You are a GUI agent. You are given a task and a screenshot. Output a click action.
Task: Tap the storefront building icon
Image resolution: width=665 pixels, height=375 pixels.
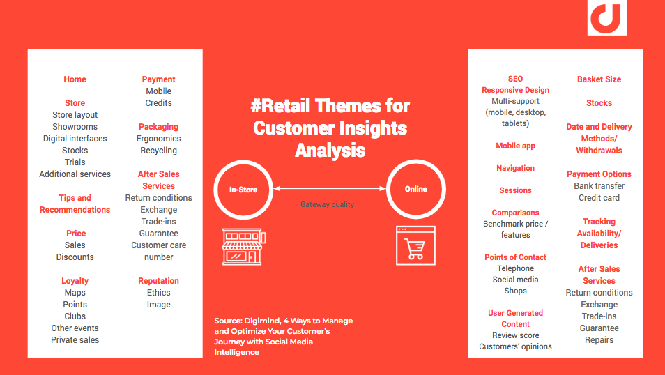pos(244,247)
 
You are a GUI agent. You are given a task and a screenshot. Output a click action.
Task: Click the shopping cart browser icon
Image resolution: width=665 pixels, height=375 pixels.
pos(415,245)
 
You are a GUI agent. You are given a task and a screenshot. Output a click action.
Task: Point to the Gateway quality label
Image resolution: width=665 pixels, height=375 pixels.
pos(327,204)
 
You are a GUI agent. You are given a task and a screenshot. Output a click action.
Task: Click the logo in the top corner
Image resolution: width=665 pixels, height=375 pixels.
pos(607,17)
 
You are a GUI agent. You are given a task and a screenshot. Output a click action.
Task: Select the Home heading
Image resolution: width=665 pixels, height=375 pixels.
pos(75,79)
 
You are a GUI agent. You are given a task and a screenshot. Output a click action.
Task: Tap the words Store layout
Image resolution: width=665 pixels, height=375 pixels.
pos(75,115)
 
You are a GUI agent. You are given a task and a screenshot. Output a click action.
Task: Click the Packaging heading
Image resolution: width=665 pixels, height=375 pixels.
pos(159,127)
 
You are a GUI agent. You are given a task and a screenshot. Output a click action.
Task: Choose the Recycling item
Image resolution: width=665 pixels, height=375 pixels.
pos(159,151)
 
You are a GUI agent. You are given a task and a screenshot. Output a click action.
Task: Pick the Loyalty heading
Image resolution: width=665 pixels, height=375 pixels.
pos(75,281)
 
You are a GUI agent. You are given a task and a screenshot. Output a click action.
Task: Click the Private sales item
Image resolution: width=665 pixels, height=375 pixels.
pos(75,340)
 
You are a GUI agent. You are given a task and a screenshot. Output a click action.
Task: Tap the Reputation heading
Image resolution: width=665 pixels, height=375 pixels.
pos(159,281)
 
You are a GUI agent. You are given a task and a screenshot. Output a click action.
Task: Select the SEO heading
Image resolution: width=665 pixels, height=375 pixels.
pos(515,79)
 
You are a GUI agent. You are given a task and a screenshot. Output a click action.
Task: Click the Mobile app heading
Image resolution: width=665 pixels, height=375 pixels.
pos(515,146)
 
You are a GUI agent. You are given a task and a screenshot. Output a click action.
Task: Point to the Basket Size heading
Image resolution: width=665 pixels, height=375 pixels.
pos(599,79)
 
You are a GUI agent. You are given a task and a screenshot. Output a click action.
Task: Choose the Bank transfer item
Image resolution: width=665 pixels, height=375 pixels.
pos(599,186)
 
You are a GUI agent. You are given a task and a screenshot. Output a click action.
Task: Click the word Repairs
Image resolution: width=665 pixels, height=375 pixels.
pos(599,340)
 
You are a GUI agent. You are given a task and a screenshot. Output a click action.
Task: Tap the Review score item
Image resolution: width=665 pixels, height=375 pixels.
pos(515,335)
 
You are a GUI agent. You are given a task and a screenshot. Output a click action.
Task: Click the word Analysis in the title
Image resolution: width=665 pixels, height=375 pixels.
pos(330,151)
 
